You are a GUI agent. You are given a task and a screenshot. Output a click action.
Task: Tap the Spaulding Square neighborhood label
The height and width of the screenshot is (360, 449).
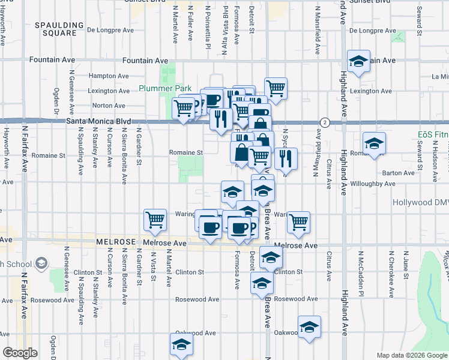[58, 29]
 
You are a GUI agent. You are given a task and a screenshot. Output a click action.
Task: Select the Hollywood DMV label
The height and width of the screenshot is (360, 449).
[420, 203]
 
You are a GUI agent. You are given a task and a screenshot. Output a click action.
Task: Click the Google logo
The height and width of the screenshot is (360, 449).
[19, 353]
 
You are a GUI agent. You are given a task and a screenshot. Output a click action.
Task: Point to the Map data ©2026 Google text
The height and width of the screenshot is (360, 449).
[412, 355]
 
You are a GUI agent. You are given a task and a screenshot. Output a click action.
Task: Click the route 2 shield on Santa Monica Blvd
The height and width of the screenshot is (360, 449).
[324, 122]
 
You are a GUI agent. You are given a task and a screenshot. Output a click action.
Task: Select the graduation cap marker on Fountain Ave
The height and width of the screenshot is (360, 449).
[358, 61]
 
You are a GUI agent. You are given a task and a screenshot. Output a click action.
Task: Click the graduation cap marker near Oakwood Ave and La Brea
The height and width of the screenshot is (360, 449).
[309, 326]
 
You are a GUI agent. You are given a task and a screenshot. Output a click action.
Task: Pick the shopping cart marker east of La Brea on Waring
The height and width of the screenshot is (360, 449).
[298, 222]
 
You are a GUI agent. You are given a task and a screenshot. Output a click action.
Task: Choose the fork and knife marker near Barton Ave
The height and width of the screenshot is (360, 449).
[286, 158]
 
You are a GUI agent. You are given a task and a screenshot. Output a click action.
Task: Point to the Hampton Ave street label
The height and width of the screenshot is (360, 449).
[109, 76]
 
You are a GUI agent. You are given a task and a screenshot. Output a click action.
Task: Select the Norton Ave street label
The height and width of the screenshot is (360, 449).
[108, 106]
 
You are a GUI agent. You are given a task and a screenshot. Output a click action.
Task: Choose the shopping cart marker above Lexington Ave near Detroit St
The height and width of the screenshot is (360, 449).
[275, 88]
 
